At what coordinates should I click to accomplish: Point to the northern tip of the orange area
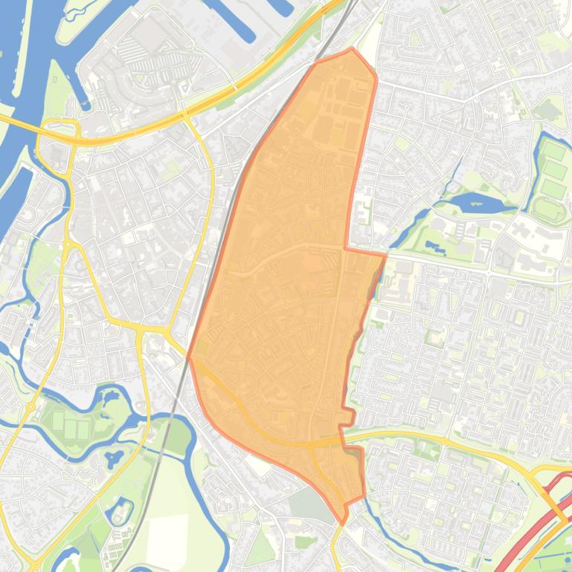click(352, 50)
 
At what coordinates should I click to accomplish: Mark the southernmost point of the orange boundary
click(343, 523)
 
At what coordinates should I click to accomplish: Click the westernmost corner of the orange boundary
click(188, 357)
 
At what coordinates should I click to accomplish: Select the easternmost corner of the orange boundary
click(385, 256)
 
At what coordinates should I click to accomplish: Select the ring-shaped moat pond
click(119, 512)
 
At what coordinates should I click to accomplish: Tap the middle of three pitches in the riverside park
click(71, 428)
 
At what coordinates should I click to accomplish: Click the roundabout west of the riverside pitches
click(31, 406)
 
